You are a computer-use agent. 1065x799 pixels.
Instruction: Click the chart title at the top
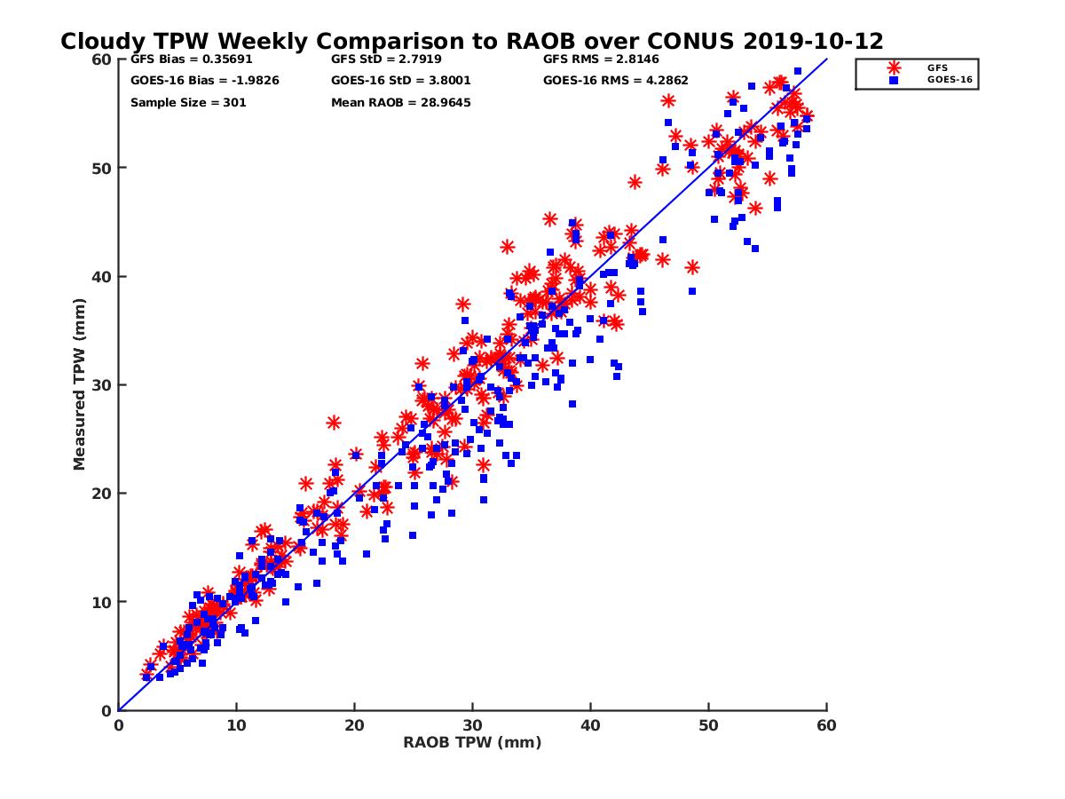tap(471, 41)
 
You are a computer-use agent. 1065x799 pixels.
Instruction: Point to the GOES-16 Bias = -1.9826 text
tap(193, 81)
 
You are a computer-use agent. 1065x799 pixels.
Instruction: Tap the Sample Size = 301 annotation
tap(188, 102)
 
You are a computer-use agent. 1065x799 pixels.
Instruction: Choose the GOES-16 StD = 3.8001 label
tap(400, 81)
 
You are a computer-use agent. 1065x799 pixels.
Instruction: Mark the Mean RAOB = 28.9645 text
tap(400, 102)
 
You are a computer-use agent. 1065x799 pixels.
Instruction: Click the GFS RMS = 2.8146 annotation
tap(608, 59)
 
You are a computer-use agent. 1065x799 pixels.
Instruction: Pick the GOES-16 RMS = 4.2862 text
tap(616, 81)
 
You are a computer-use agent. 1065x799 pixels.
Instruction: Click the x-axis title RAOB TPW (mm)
tap(472, 742)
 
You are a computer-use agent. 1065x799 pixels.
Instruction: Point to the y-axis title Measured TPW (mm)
tap(80, 384)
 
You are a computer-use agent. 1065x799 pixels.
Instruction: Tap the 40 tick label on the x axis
tap(590, 725)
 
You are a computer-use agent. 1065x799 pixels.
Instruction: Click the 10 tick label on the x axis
tap(236, 725)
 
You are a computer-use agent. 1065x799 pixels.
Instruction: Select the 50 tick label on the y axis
tap(101, 168)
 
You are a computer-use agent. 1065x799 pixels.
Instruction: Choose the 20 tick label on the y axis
tap(101, 494)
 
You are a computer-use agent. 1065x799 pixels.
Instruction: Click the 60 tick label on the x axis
tap(826, 725)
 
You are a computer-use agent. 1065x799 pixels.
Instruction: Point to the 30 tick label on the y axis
tap(101, 385)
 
